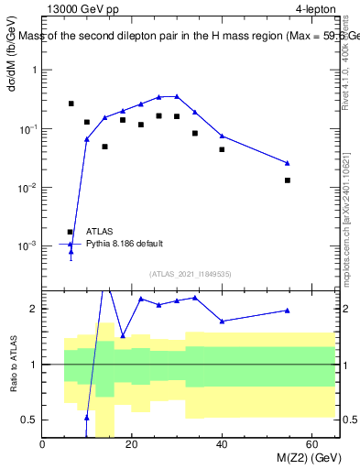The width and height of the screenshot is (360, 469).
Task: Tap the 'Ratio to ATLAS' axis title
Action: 13,365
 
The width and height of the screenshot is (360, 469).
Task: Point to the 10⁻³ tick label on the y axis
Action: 27,246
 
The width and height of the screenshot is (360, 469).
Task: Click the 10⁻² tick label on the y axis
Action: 27,188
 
